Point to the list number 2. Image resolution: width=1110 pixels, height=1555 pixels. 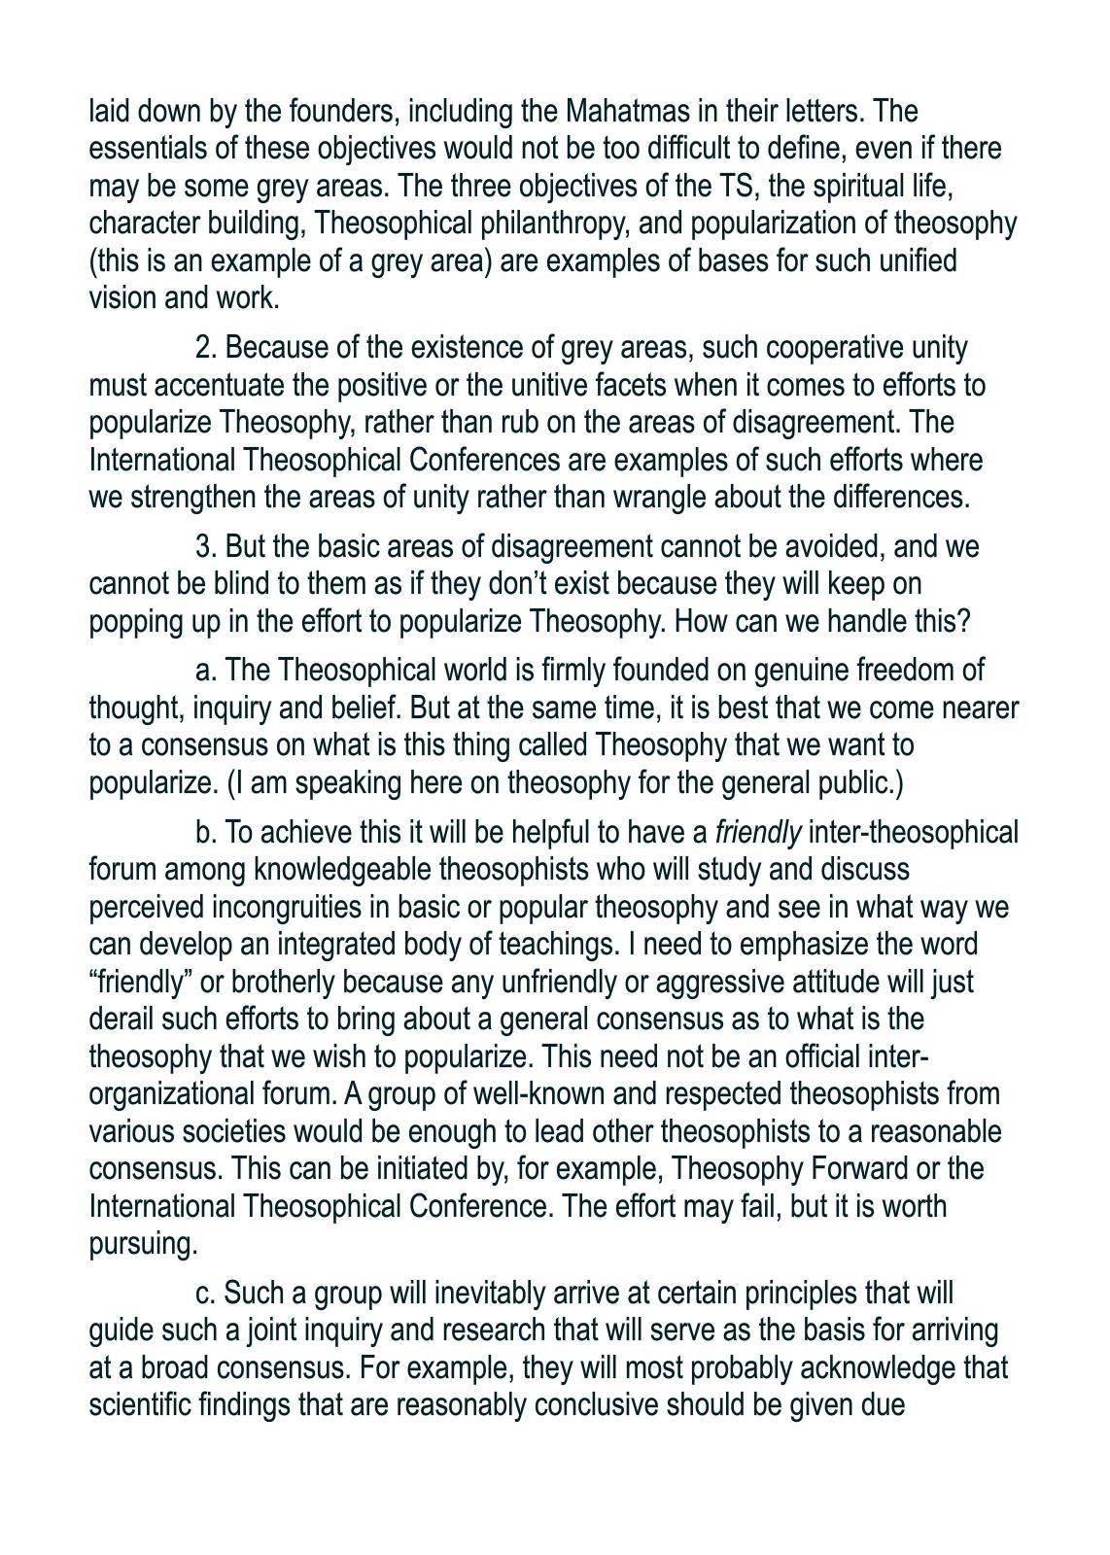pos(205,348)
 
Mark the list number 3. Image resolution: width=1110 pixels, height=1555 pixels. pos(205,547)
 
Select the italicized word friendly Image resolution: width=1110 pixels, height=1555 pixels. pos(758,833)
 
